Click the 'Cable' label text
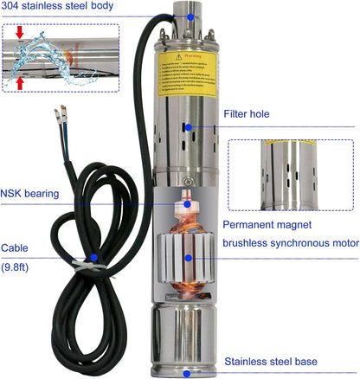coord(15,246)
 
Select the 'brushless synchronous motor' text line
coord(290,243)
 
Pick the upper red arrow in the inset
coord(20,35)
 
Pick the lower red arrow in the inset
coord(20,82)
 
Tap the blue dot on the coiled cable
coord(93,257)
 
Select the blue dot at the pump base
coord(186,373)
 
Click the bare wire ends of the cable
coord(61,112)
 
